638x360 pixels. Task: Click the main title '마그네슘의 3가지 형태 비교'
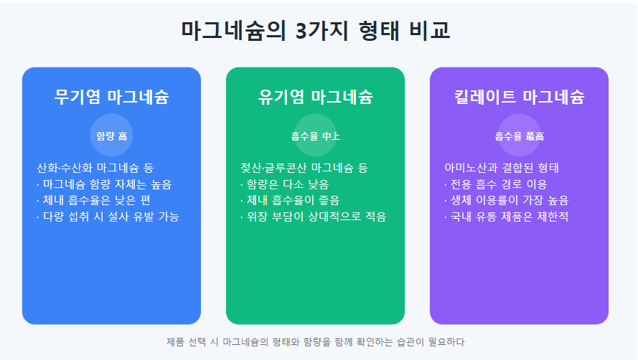(316, 30)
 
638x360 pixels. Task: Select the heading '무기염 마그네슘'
(111, 97)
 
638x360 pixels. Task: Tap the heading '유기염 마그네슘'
(315, 97)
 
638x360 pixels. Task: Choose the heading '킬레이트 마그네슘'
(519, 97)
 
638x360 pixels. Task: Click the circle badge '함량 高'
(111, 136)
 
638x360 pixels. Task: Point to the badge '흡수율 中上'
(315, 136)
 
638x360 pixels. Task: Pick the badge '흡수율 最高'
(519, 136)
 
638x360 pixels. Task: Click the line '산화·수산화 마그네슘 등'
(95, 168)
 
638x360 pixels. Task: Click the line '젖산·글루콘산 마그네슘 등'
(304, 168)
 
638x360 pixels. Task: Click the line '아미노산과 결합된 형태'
(502, 168)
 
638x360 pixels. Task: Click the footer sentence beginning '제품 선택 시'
(315, 341)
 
